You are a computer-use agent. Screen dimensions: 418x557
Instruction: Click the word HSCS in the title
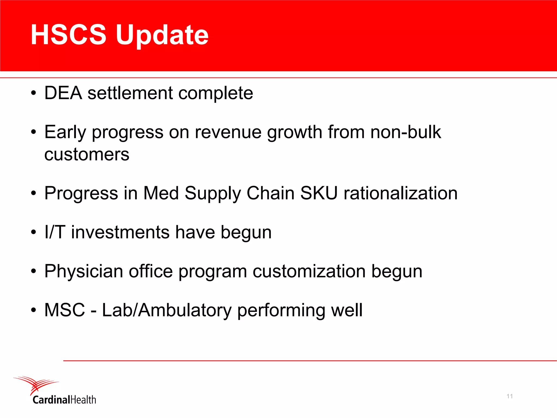pos(68,35)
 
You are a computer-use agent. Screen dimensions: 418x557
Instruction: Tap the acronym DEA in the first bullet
pos(63,93)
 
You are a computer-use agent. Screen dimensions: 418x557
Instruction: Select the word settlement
pos(130,93)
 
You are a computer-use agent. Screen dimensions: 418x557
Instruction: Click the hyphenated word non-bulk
pos(406,132)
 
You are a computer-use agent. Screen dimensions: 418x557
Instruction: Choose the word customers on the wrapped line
pos(87,155)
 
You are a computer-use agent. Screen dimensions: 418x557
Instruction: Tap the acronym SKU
pos(319,193)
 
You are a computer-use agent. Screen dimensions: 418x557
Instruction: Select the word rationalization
pos(401,193)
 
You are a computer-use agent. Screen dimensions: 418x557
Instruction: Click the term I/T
pos(55,232)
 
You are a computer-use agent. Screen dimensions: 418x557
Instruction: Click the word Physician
pos(83,271)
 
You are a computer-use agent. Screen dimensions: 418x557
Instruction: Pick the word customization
pos(309,271)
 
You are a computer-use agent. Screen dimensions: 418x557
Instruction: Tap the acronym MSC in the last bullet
pos(65,310)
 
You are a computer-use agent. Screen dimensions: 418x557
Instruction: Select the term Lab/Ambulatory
pos(166,310)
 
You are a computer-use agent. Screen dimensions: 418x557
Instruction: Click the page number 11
pos(510,396)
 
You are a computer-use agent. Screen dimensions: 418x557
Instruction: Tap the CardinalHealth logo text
pos(64,400)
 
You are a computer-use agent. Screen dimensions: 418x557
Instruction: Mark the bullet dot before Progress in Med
pos(33,193)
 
